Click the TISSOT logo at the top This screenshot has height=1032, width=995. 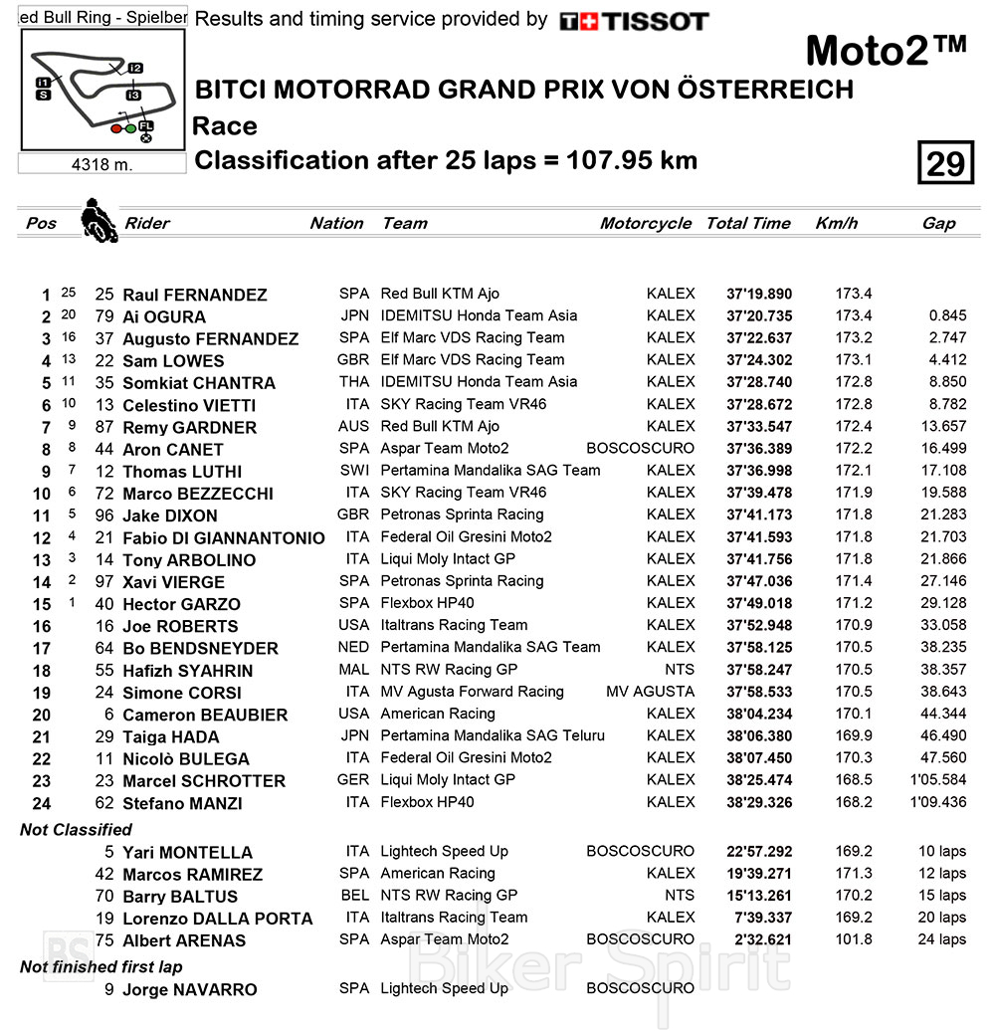pos(634,21)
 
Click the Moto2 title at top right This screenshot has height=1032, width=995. pos(885,51)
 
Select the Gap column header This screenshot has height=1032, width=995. pos(938,223)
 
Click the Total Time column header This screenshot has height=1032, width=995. pos(748,223)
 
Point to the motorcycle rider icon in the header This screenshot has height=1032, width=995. pos(98,220)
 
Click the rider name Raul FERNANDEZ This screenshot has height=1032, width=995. pos(194,295)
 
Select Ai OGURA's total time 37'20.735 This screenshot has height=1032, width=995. pos(759,316)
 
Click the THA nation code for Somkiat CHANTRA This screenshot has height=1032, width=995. pos(353,382)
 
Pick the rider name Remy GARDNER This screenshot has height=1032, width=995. pos(189,427)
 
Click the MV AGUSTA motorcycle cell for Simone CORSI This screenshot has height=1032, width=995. pos(650,692)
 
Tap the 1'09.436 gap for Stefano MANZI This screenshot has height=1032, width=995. pos(937,802)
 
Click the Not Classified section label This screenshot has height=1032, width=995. pos(76,829)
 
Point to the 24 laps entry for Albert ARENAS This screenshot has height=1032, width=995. pos(938,939)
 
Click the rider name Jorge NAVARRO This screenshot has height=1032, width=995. pos(189,989)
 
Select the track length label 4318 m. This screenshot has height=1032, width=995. pos(101,164)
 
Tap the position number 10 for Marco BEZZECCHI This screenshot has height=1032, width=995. pos(41,494)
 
